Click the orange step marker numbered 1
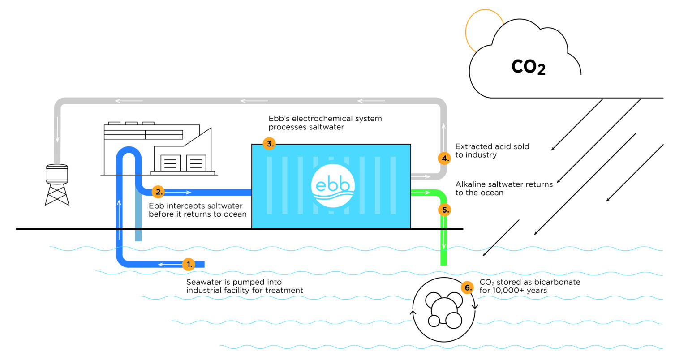coord(189,264)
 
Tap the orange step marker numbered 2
coord(158,192)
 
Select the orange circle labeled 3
coord(269,144)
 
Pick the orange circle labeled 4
coord(444,158)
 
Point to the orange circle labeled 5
coord(444,210)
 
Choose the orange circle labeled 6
coord(467,287)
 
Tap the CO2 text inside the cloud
coord(528,67)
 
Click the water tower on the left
coord(57,184)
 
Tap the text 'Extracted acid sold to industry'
coord(492,150)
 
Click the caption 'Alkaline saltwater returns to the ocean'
coord(503,189)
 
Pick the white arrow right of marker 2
coord(179,193)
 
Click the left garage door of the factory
coord(170,163)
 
